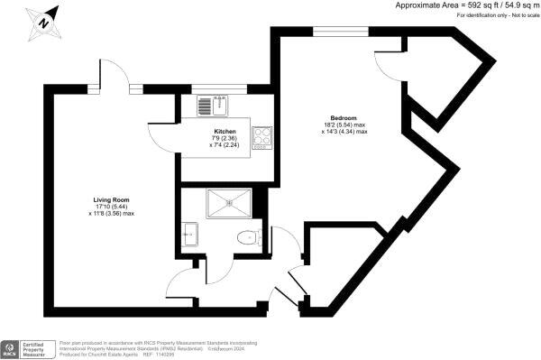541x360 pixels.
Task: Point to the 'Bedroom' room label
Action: (x=343, y=118)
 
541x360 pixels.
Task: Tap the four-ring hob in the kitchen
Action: (x=261, y=135)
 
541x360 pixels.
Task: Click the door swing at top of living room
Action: (x=114, y=79)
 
